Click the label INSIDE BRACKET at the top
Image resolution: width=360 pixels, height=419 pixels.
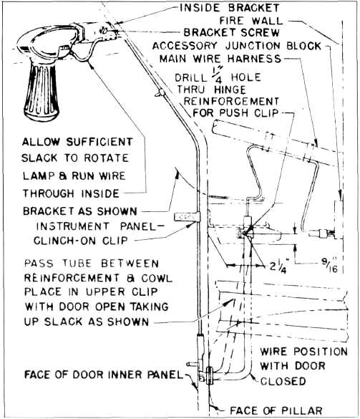point(230,8)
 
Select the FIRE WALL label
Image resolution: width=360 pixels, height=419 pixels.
point(250,20)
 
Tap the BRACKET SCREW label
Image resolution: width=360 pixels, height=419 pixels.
point(231,32)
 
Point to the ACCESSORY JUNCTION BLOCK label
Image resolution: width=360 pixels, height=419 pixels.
point(237,46)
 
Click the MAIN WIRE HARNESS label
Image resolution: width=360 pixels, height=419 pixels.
point(220,59)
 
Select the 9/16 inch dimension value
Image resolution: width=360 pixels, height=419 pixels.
point(330,266)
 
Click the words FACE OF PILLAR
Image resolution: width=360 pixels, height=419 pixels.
point(276,410)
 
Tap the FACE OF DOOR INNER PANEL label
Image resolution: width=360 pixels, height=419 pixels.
point(103,375)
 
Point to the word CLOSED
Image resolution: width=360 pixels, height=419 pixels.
point(283,381)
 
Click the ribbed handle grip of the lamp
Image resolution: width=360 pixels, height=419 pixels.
point(42,91)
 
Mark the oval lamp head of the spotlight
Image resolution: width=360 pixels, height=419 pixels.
point(49,44)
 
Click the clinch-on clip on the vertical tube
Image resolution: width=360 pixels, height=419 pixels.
point(187,216)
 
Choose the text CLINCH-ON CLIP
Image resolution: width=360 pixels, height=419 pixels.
point(80,241)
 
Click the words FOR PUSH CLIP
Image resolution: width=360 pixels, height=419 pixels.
point(235,112)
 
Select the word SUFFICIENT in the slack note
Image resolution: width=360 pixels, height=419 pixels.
point(99,142)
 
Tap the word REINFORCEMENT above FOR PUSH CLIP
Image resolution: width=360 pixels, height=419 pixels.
point(231,102)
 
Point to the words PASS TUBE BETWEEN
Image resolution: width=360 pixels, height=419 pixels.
point(92,264)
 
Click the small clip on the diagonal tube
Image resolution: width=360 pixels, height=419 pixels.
point(160,92)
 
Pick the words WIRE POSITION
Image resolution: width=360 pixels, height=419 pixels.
point(304,352)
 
